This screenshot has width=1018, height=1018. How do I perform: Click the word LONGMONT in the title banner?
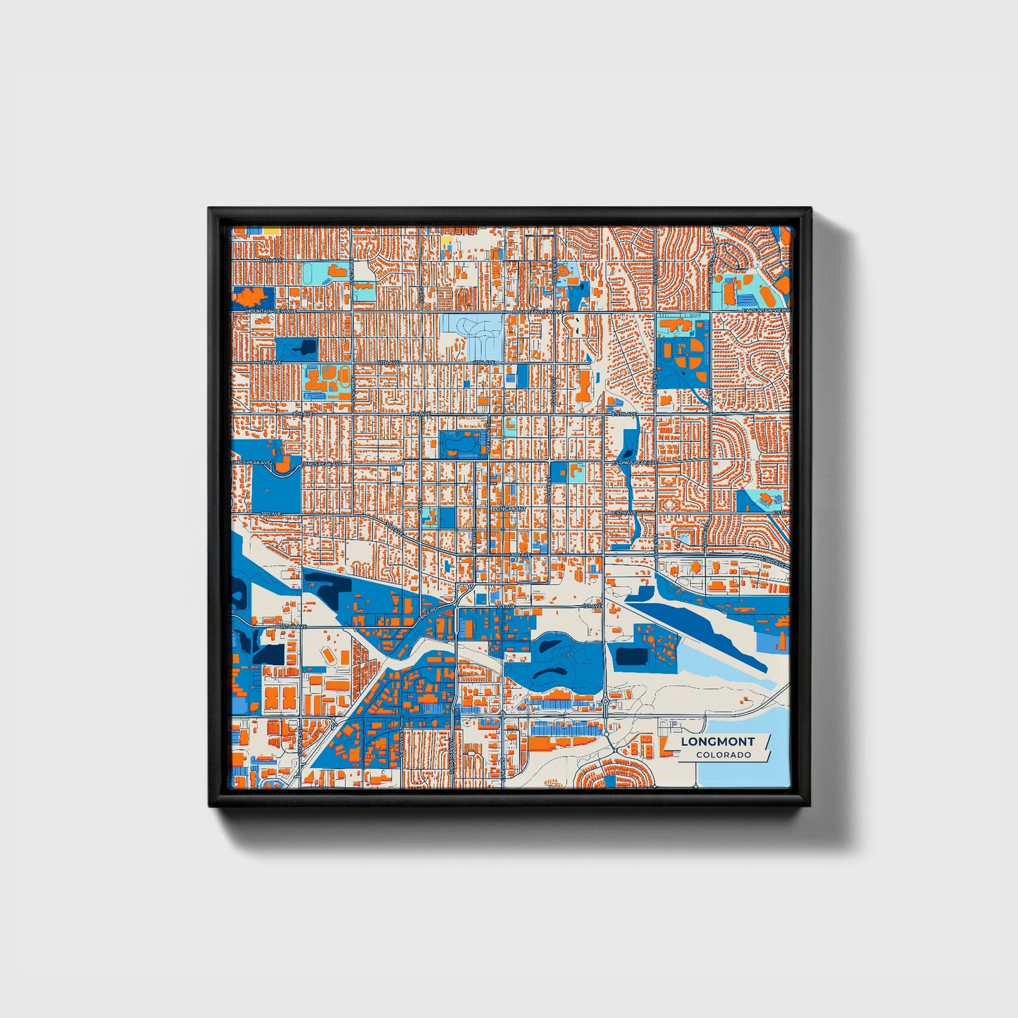coord(717,741)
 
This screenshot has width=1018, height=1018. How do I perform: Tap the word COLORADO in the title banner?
coord(723,755)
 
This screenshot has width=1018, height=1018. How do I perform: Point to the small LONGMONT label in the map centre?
coord(509,508)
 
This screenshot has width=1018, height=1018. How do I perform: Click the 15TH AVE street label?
coord(271,260)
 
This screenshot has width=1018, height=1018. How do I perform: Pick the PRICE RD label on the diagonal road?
coord(428,617)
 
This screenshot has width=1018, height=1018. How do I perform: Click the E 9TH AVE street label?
coord(624,414)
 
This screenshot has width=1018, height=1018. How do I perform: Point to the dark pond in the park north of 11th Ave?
coord(307,346)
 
